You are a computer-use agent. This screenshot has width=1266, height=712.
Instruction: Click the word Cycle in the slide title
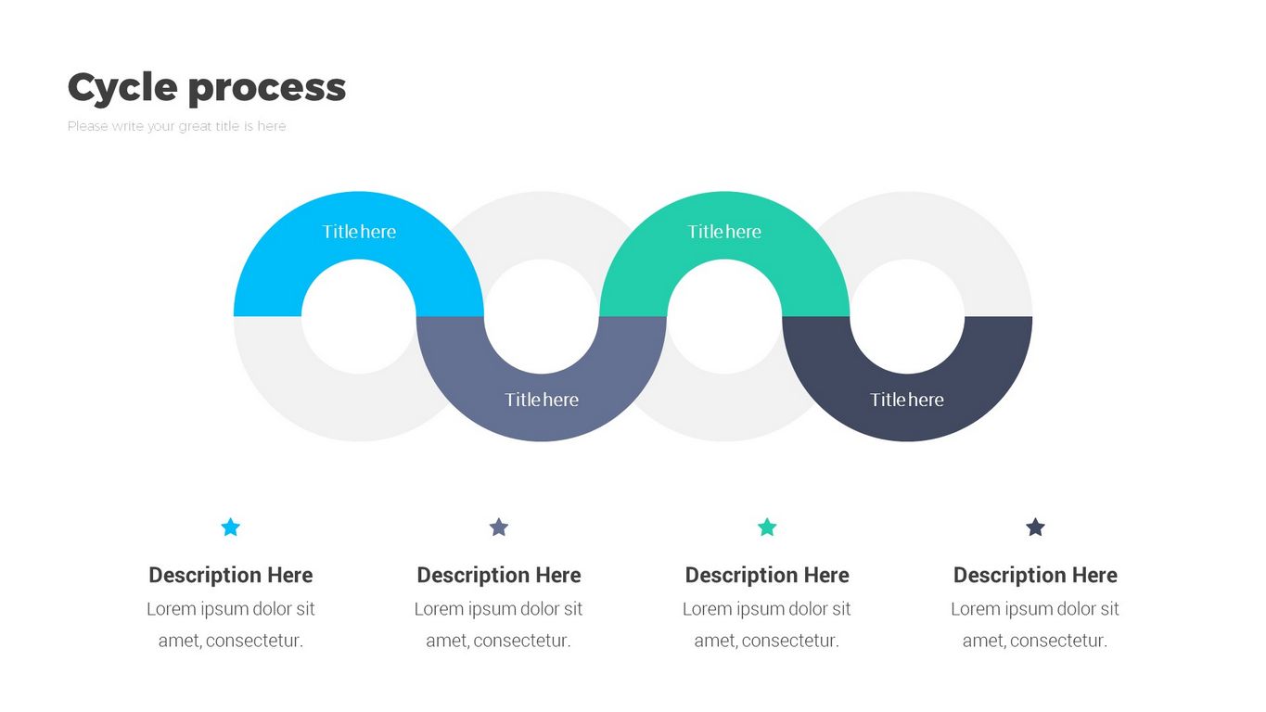tap(122, 88)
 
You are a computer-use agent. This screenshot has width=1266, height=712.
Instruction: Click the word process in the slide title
tap(267, 88)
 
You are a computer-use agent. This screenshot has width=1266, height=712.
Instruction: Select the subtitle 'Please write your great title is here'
tap(177, 126)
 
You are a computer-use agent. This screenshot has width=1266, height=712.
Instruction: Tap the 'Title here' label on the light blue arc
tap(359, 232)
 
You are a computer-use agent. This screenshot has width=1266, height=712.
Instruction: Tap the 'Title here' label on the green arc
tap(724, 232)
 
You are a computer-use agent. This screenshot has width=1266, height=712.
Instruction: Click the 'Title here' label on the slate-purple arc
tap(542, 400)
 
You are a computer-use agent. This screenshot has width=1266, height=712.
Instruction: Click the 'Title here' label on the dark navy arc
tap(907, 400)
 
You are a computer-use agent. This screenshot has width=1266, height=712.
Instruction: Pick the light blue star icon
tap(231, 528)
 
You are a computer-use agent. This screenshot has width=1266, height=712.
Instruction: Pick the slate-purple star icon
tap(499, 528)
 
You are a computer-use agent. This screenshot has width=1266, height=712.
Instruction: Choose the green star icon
tap(767, 528)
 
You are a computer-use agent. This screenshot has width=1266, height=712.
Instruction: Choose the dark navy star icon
tap(1035, 528)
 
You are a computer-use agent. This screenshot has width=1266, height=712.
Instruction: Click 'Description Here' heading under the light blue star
tap(231, 575)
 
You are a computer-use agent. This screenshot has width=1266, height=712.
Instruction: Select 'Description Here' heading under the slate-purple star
tap(499, 575)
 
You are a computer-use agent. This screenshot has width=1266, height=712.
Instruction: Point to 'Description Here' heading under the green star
tap(767, 575)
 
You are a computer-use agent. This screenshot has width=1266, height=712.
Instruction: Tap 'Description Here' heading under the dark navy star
tap(1035, 575)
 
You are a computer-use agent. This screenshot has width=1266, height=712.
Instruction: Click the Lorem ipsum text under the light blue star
tap(231, 624)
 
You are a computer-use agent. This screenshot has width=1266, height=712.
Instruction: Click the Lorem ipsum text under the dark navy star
tap(1035, 624)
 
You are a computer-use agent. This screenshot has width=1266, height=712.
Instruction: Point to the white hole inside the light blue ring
tap(359, 316)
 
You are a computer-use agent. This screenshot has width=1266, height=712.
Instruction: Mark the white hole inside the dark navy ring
tap(907, 316)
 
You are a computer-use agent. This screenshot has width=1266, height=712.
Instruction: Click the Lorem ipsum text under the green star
tap(767, 624)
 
